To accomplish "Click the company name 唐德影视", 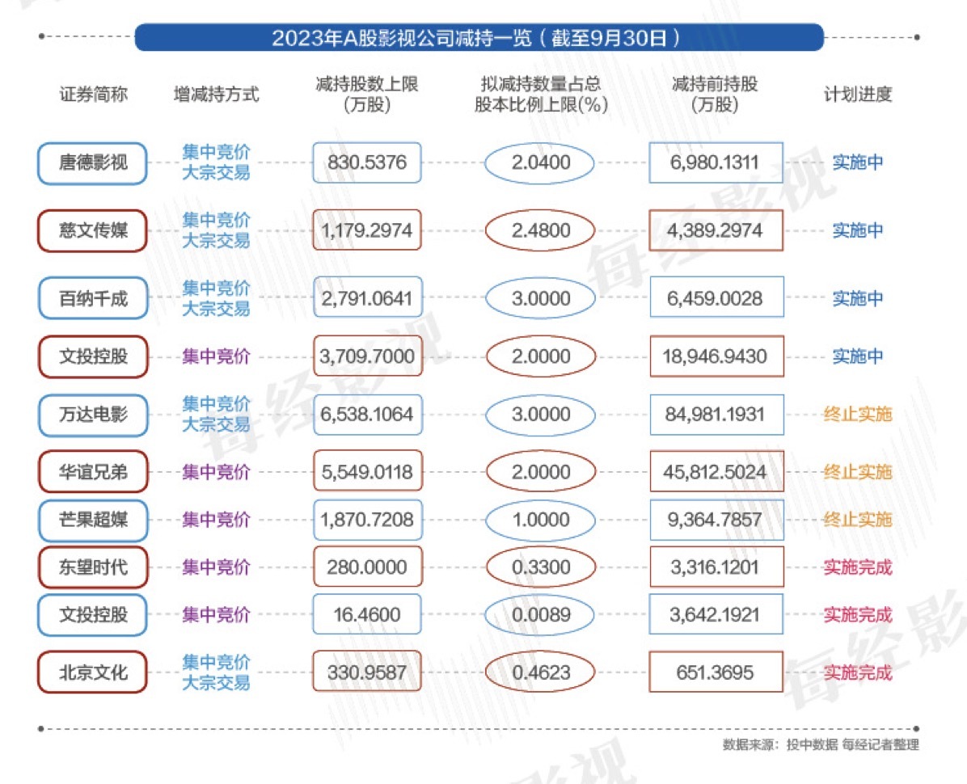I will [x=93, y=162].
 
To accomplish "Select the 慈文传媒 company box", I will [x=93, y=231].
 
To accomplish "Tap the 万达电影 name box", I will [x=93, y=415].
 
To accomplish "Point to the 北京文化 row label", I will [x=93, y=672].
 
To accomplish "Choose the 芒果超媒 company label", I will [x=93, y=520].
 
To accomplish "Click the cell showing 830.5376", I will [x=367, y=162].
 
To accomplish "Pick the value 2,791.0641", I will [x=367, y=299].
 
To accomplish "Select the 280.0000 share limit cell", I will [x=367, y=567].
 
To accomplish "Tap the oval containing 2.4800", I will [x=540, y=231].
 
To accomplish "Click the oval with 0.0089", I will [x=540, y=615].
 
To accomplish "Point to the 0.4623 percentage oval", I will [x=540, y=672].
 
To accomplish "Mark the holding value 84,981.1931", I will [x=716, y=415].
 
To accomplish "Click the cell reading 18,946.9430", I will [x=716, y=356].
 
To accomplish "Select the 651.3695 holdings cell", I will [x=716, y=672].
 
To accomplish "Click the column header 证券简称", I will [x=93, y=94].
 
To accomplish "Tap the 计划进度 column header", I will [x=857, y=94].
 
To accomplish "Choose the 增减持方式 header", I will [x=216, y=94].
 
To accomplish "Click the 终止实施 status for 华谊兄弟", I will [x=857, y=472].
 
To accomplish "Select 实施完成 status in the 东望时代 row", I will [x=857, y=567].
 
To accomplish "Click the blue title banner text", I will [x=479, y=38].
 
